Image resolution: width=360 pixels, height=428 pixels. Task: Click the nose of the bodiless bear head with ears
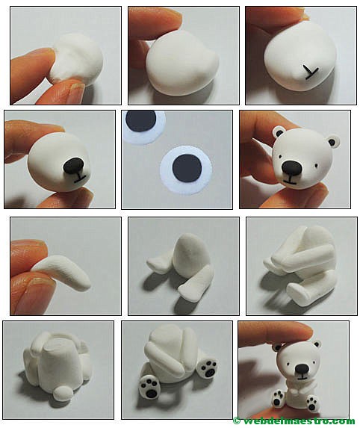292,167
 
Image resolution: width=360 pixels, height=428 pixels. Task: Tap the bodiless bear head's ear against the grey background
332,141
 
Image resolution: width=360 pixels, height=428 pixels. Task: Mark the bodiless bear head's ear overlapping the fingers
279,132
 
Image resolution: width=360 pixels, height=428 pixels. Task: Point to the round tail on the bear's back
63,394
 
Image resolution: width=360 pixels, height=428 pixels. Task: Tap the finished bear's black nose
302,369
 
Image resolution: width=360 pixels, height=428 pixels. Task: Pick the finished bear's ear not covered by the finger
317,344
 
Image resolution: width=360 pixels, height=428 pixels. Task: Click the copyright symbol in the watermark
236,421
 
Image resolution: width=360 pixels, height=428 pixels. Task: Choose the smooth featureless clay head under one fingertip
182,63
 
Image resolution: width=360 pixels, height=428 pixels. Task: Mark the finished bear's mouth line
302,378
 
